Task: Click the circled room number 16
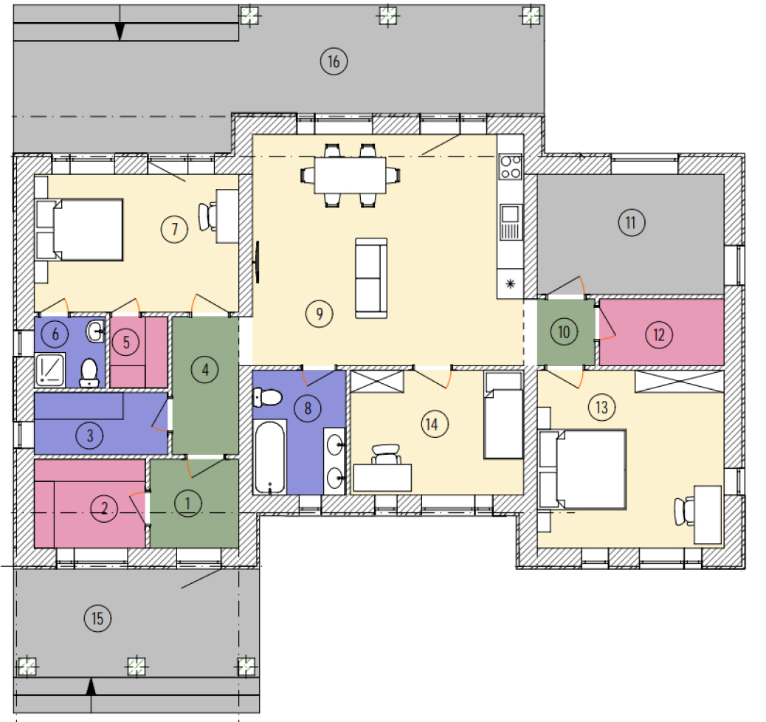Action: click(x=334, y=61)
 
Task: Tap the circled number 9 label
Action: click(x=319, y=313)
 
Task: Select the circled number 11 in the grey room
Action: click(x=631, y=222)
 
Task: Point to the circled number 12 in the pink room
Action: click(x=659, y=335)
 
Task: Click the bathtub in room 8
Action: click(x=269, y=456)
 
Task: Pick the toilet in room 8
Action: click(x=267, y=397)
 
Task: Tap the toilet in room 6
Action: click(x=89, y=373)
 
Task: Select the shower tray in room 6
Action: click(x=50, y=369)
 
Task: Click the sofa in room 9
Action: click(x=371, y=278)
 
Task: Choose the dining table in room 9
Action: click(x=350, y=176)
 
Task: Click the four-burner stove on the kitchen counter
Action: click(x=511, y=167)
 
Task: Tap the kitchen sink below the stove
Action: click(x=511, y=222)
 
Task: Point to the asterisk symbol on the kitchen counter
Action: click(x=511, y=284)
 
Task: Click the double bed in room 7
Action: click(x=79, y=230)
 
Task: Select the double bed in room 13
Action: click(x=582, y=470)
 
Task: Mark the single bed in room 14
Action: click(x=504, y=416)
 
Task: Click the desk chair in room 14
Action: click(x=386, y=455)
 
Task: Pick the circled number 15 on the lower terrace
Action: click(x=97, y=619)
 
